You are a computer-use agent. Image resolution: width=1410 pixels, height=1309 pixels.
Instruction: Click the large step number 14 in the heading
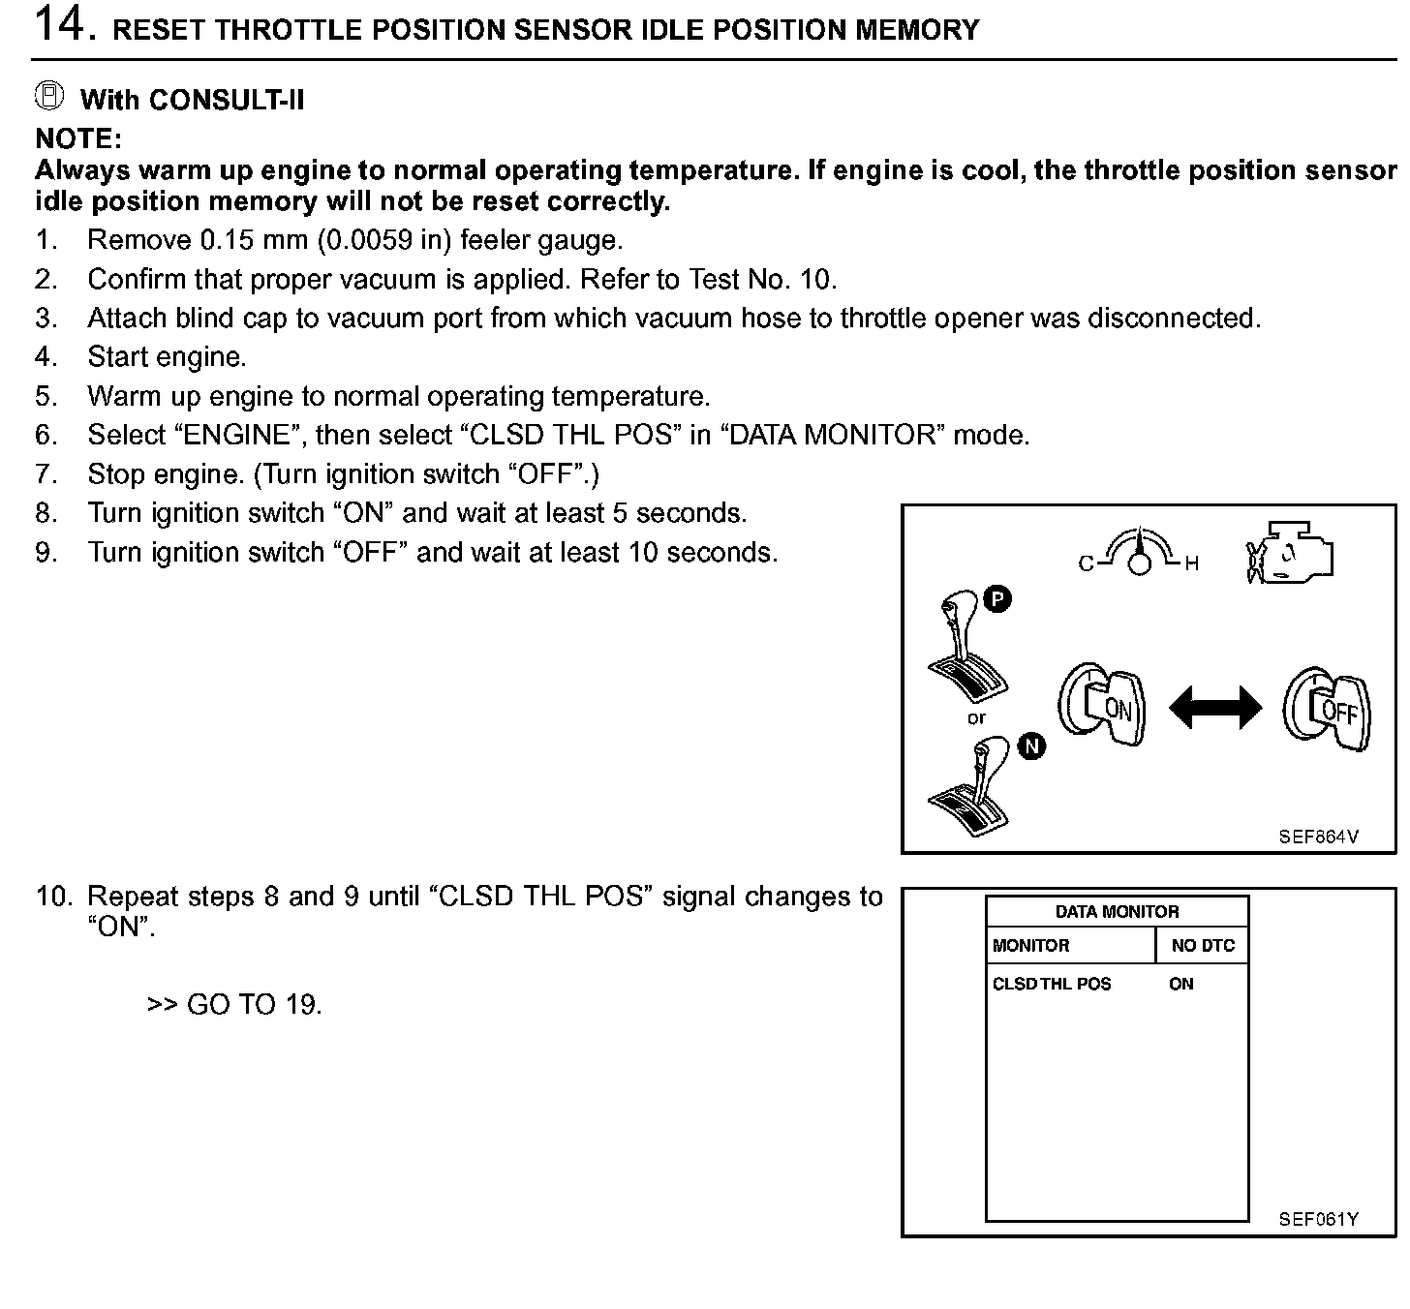tap(60, 25)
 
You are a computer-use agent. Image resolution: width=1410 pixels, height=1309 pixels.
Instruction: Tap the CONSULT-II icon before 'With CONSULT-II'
tap(49, 96)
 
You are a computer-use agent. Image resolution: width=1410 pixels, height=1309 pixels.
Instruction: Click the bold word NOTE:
tap(78, 138)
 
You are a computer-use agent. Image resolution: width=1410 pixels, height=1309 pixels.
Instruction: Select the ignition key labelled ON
tap(1105, 706)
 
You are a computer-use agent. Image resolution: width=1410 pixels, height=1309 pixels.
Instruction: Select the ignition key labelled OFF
tap(1330, 709)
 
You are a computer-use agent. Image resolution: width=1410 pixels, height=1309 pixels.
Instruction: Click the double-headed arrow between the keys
tap(1215, 708)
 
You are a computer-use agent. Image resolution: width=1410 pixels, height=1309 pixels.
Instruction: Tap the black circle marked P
tap(997, 599)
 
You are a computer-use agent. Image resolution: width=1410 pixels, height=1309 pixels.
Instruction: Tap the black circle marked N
tap(1032, 746)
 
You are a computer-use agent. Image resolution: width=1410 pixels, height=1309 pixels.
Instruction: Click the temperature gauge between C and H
tap(1140, 553)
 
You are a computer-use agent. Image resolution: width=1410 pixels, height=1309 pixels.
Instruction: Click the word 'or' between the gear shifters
tap(976, 718)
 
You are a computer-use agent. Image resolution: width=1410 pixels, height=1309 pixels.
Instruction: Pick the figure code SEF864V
tap(1318, 837)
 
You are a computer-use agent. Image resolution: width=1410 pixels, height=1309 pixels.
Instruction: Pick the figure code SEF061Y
tap(1318, 1219)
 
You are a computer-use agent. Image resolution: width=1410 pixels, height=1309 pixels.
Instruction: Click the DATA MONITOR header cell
tap(1117, 911)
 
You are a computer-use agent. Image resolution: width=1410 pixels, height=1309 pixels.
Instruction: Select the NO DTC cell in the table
tap(1203, 946)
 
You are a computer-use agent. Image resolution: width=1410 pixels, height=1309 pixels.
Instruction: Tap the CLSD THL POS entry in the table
tap(1052, 984)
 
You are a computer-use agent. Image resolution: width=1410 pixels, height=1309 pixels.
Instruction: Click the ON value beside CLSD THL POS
tap(1181, 984)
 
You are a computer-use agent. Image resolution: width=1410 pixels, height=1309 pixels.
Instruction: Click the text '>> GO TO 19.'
tap(234, 1005)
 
